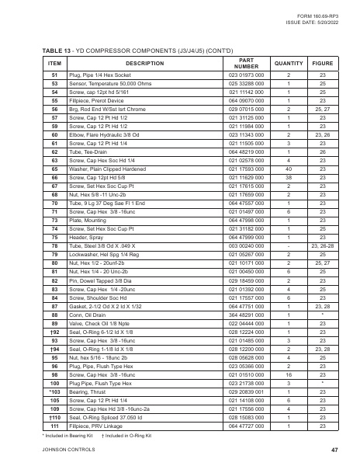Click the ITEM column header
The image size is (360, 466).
(54, 62)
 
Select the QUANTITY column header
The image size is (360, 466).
(289, 62)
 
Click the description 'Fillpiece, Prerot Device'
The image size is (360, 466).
(95, 99)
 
